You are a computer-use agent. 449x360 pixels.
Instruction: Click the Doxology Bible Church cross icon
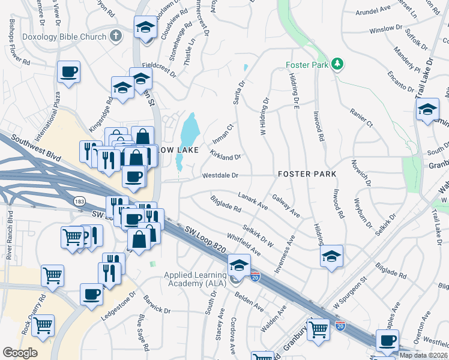pyautogui.click(x=116, y=37)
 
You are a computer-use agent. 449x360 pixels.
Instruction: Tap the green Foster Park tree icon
pyautogui.click(x=337, y=64)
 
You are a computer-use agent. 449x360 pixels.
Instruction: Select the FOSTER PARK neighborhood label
pyautogui.click(x=307, y=174)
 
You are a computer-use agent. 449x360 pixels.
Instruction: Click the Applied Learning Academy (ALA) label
pyautogui.click(x=196, y=280)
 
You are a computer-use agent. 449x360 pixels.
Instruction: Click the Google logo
pyautogui.click(x=20, y=352)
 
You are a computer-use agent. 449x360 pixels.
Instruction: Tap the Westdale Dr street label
pyautogui.click(x=220, y=176)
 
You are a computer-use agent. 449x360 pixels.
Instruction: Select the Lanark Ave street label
pyautogui.click(x=252, y=200)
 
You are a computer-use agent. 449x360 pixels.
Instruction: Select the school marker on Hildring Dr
pyautogui.click(x=331, y=256)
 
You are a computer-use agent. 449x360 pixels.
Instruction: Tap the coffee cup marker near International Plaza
pyautogui.click(x=68, y=73)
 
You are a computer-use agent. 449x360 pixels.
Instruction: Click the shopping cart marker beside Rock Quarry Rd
pyautogui.click(x=43, y=326)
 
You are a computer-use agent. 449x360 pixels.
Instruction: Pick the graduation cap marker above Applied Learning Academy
pyautogui.click(x=238, y=265)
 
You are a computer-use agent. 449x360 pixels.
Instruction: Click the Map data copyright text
pyautogui.click(x=423, y=355)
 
